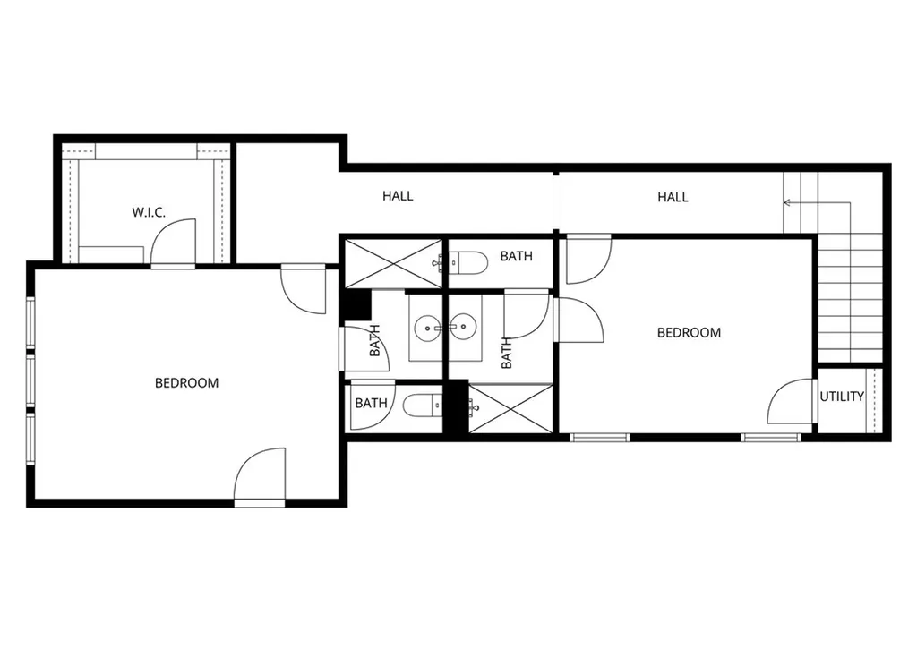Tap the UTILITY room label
click(x=842, y=397)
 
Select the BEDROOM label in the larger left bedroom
click(x=186, y=383)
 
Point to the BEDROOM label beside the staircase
click(x=689, y=333)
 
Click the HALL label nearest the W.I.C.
click(x=398, y=196)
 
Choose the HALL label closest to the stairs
click(x=673, y=197)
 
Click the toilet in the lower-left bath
click(x=420, y=407)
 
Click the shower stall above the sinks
click(x=394, y=262)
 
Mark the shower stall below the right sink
click(x=510, y=409)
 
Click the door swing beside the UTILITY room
click(x=791, y=402)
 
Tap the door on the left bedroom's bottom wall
click(x=260, y=475)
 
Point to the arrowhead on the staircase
click(x=787, y=203)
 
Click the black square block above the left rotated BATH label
click(x=358, y=305)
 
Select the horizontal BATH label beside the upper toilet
click(x=516, y=257)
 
